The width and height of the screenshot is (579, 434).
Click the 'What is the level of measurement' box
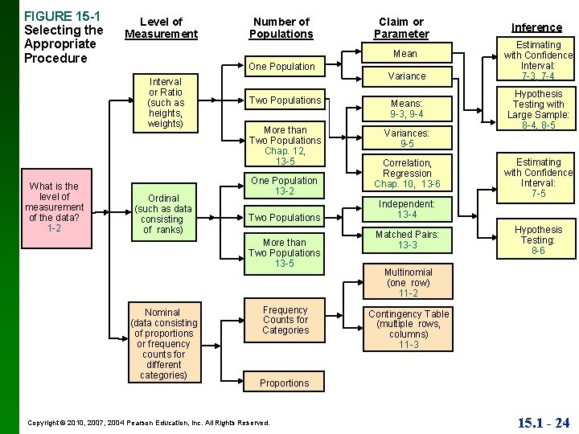pos(54,207)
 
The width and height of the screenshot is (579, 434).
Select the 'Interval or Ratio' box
pos(166,102)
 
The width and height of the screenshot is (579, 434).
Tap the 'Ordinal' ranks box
pos(163,214)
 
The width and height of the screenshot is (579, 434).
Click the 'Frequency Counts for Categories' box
pos(285,320)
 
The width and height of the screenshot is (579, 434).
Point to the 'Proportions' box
pos(284,383)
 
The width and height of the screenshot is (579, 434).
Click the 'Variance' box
pos(407,76)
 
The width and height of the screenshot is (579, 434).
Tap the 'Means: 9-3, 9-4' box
pos(407,108)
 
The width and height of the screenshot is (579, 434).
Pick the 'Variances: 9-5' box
pos(407,138)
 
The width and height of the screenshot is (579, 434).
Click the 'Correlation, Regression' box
pos(407,174)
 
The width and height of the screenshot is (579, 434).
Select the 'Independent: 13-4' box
pos(407,209)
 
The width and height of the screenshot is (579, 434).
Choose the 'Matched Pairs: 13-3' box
pos(407,240)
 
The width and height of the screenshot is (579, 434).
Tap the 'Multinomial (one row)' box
pos(408,283)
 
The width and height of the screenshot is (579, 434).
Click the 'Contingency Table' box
pos(408,329)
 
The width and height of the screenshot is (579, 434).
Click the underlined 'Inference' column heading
pos(537,27)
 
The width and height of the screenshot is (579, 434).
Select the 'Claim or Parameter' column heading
pos(401,28)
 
